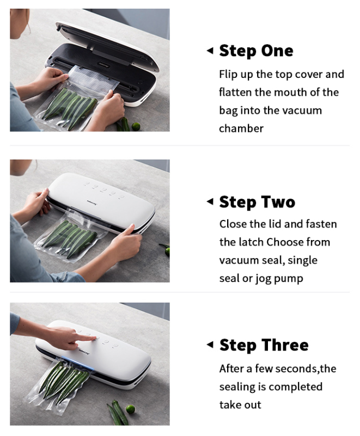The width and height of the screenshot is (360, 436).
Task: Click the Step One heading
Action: (x=256, y=51)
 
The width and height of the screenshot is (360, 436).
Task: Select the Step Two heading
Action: (x=257, y=202)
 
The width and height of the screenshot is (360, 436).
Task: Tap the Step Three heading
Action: (x=264, y=345)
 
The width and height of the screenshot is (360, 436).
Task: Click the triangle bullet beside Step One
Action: (x=210, y=51)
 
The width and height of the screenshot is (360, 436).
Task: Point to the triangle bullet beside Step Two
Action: (x=210, y=201)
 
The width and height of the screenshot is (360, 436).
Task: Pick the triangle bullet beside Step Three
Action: (x=210, y=345)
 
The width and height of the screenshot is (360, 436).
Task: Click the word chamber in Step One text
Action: (x=241, y=128)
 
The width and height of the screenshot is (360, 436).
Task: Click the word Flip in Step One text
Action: (x=227, y=75)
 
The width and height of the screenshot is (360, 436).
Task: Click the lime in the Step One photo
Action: (x=136, y=126)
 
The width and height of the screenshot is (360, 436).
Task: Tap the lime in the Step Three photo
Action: (x=131, y=409)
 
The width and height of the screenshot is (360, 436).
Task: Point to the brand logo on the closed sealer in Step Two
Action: (x=91, y=202)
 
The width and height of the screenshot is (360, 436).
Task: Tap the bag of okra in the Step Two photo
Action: (x=71, y=236)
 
